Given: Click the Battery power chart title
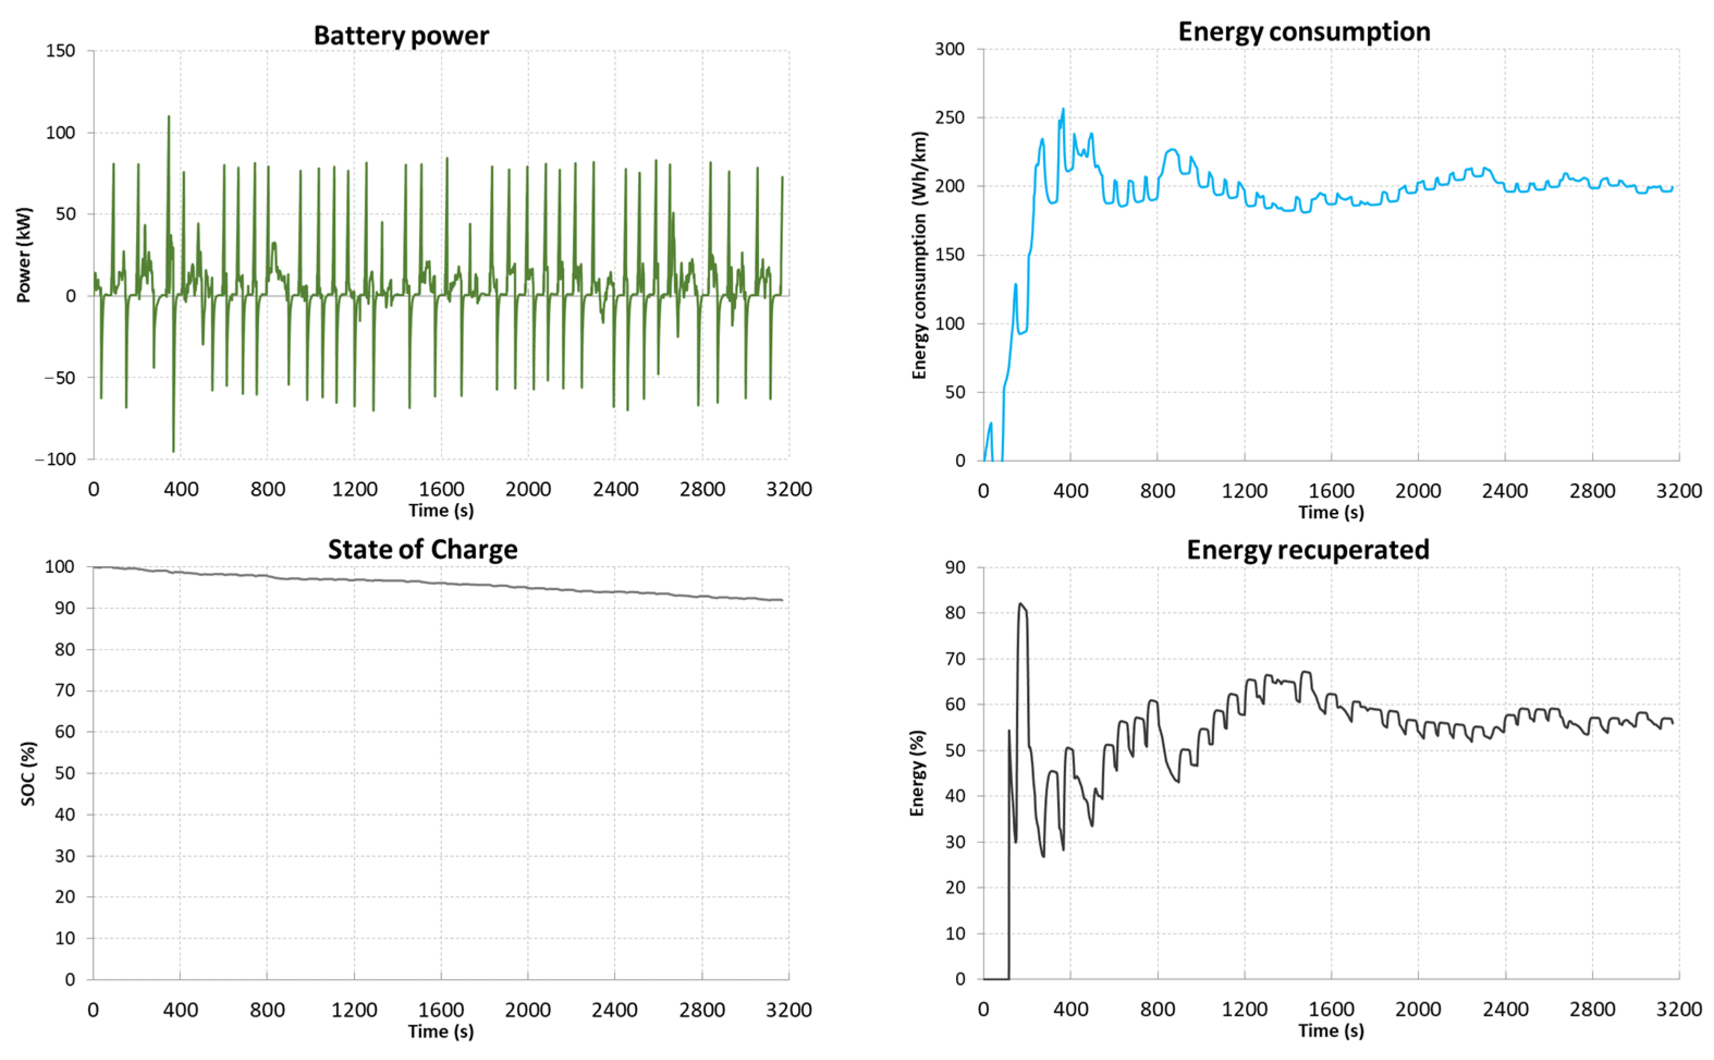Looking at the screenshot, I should pyautogui.click(x=401, y=35).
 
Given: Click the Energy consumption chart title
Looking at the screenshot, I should pyautogui.click(x=1304, y=32).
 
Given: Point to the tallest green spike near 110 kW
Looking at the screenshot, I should pyautogui.click(x=168, y=117).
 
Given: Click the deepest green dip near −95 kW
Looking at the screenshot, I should pyautogui.click(x=173, y=451).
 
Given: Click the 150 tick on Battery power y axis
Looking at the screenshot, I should pyautogui.click(x=60, y=51).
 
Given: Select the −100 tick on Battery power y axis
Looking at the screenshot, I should pyautogui.click(x=56, y=459).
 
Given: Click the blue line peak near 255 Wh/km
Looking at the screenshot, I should pyautogui.click(x=1063, y=109).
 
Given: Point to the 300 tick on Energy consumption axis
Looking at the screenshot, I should pyautogui.click(x=950, y=49).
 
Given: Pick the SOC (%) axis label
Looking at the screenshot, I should pyautogui.click(x=28, y=773).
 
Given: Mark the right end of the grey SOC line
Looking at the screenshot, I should pyautogui.click(x=782, y=600).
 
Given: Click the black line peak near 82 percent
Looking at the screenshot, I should pyautogui.click(x=1020, y=604).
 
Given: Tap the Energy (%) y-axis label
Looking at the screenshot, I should pyautogui.click(x=917, y=773).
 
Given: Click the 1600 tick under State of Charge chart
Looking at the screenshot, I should pyautogui.click(x=441, y=1009).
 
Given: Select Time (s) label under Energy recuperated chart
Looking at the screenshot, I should pyautogui.click(x=1331, y=1031).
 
